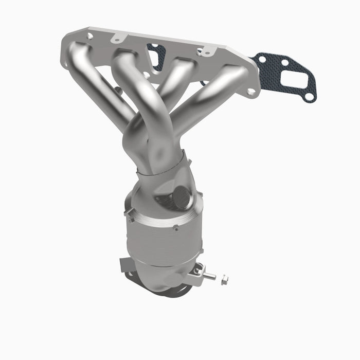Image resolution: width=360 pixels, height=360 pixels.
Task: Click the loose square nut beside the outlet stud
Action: pos(224,280)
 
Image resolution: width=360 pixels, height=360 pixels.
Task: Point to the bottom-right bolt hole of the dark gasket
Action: pos(308,96)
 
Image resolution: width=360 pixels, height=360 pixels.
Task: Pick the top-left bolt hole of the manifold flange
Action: pos(89,37)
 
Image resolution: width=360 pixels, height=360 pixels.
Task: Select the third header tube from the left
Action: pos(177,72)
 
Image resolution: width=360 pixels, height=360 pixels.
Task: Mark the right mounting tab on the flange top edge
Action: pos(205,51)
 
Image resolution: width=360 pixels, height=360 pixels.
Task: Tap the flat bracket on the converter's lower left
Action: pos(125,265)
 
